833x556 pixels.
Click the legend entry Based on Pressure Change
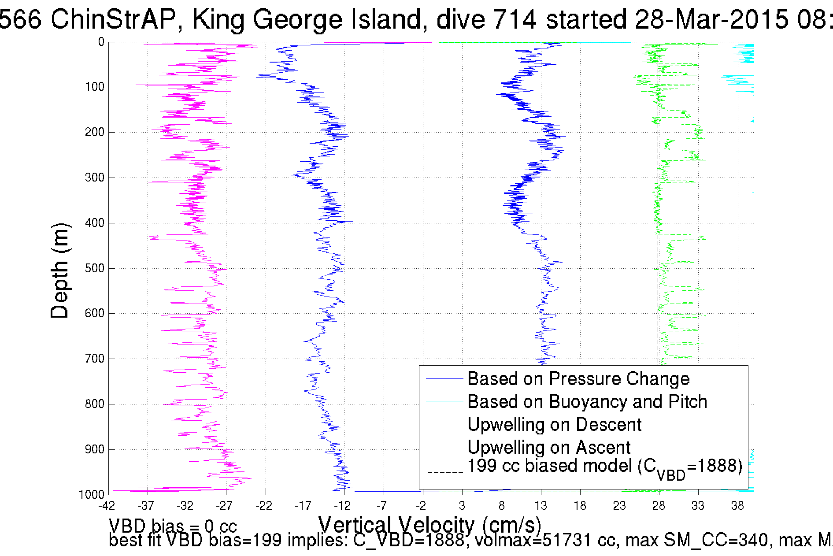click(578, 379)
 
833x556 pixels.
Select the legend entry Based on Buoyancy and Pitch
click(587, 402)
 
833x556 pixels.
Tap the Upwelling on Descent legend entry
click(554, 425)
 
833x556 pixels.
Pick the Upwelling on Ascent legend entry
click(549, 448)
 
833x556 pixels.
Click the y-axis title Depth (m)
click(60, 271)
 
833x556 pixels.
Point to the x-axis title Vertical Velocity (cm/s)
click(429, 525)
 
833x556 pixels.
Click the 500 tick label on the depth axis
click(95, 268)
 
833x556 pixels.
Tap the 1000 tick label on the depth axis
click(92, 495)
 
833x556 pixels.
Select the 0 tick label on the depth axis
click(101, 42)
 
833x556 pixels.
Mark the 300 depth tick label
click(95, 178)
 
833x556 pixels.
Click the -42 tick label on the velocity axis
click(107, 506)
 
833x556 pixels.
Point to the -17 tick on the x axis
click(303, 506)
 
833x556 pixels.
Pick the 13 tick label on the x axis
click(541, 506)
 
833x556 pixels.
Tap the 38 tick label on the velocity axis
click(737, 506)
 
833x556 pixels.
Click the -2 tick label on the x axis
click(421, 506)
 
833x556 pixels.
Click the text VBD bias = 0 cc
click(173, 526)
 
